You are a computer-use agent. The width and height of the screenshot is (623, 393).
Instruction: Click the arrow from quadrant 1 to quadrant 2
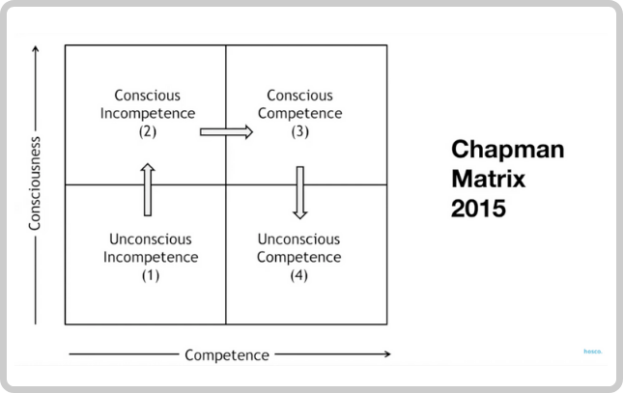(x=148, y=189)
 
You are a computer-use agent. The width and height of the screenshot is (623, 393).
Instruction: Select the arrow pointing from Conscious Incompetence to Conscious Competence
(x=226, y=132)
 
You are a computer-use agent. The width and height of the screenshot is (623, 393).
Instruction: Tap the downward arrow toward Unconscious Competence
(x=300, y=193)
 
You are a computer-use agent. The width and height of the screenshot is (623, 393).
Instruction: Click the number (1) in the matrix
(x=151, y=275)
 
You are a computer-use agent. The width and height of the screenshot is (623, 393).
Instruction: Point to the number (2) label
(x=148, y=131)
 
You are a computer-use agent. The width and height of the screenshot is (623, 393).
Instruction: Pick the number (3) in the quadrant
(x=300, y=131)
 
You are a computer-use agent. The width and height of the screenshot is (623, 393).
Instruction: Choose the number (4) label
(x=298, y=275)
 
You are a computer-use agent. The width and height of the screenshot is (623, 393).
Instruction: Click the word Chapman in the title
(x=507, y=151)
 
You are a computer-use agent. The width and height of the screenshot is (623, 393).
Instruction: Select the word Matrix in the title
(x=489, y=179)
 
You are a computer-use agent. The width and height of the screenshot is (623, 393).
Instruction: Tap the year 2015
(x=478, y=209)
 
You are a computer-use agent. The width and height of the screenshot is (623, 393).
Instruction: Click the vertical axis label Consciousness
(x=35, y=183)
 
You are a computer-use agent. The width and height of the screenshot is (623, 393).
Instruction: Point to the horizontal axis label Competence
(x=227, y=354)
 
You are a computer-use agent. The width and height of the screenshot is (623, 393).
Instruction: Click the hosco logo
(x=593, y=351)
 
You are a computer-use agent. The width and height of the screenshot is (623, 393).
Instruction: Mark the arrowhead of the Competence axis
(x=388, y=354)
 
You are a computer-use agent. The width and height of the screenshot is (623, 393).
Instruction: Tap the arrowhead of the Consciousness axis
(x=36, y=49)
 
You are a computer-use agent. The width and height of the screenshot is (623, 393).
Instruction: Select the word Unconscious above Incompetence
(x=151, y=239)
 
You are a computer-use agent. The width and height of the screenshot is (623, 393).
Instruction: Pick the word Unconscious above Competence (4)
(x=298, y=239)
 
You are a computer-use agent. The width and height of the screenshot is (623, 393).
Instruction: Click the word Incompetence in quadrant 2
(x=148, y=113)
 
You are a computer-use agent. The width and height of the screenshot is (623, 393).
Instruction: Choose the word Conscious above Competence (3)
(x=300, y=96)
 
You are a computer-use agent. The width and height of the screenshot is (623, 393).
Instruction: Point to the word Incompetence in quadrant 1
(x=151, y=257)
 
